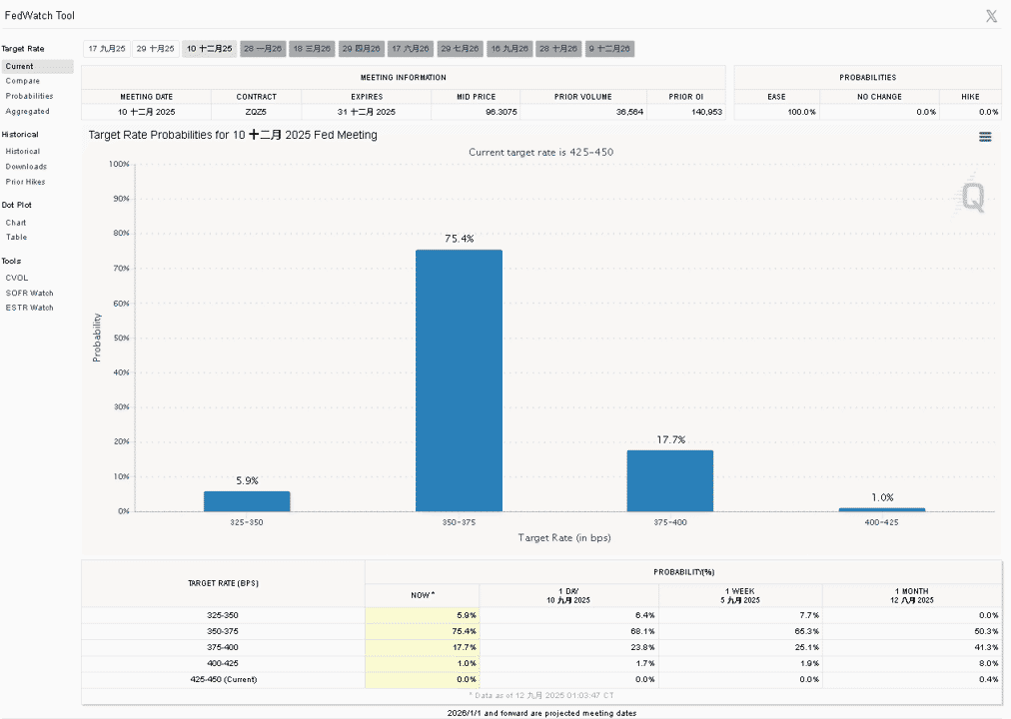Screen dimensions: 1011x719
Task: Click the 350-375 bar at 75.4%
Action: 459,380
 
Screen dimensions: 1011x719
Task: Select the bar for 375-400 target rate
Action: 670,480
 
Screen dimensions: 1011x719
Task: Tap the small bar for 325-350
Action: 247,501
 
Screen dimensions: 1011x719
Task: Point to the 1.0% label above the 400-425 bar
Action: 882,497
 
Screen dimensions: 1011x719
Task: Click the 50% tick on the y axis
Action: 121,338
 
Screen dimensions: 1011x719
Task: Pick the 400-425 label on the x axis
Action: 881,522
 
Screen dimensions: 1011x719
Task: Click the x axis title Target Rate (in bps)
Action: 564,538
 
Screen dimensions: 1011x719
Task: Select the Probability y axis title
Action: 97,338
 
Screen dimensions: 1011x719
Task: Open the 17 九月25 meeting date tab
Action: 106,49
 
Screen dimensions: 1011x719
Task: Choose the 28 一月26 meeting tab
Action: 263,49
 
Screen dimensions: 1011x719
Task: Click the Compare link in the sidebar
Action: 23,81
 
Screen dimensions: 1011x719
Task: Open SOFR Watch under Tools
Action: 30,294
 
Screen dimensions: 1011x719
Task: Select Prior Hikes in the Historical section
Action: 26,182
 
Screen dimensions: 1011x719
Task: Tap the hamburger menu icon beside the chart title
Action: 985,137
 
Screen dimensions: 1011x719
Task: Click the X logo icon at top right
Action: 991,16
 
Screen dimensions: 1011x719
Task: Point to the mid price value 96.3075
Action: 501,112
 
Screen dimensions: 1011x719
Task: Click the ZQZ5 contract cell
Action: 256,112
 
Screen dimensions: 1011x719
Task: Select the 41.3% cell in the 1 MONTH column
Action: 986,647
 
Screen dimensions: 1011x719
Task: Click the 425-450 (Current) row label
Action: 223,680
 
